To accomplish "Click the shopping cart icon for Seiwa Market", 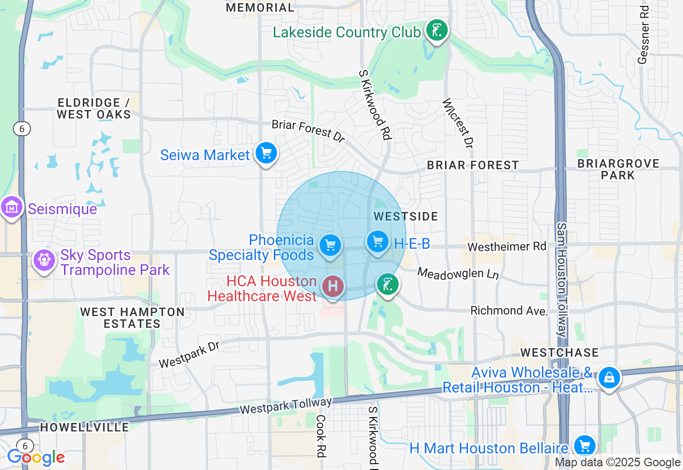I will (x=266, y=154).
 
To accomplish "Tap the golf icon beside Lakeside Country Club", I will (x=436, y=31).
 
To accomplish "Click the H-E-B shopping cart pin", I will (x=378, y=242).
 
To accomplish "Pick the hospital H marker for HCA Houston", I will (x=333, y=286).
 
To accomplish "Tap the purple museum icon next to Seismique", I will (x=12, y=207).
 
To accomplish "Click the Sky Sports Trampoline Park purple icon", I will (x=44, y=261).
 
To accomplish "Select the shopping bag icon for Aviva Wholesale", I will (x=608, y=378).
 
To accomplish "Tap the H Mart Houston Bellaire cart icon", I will (x=585, y=445).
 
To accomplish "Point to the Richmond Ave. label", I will (x=509, y=311).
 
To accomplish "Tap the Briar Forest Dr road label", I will (x=308, y=131).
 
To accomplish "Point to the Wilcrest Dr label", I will (x=457, y=123).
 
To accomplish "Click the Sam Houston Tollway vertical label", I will (x=561, y=280).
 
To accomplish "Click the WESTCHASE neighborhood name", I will (x=559, y=352).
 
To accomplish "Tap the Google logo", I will (x=36, y=458).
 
